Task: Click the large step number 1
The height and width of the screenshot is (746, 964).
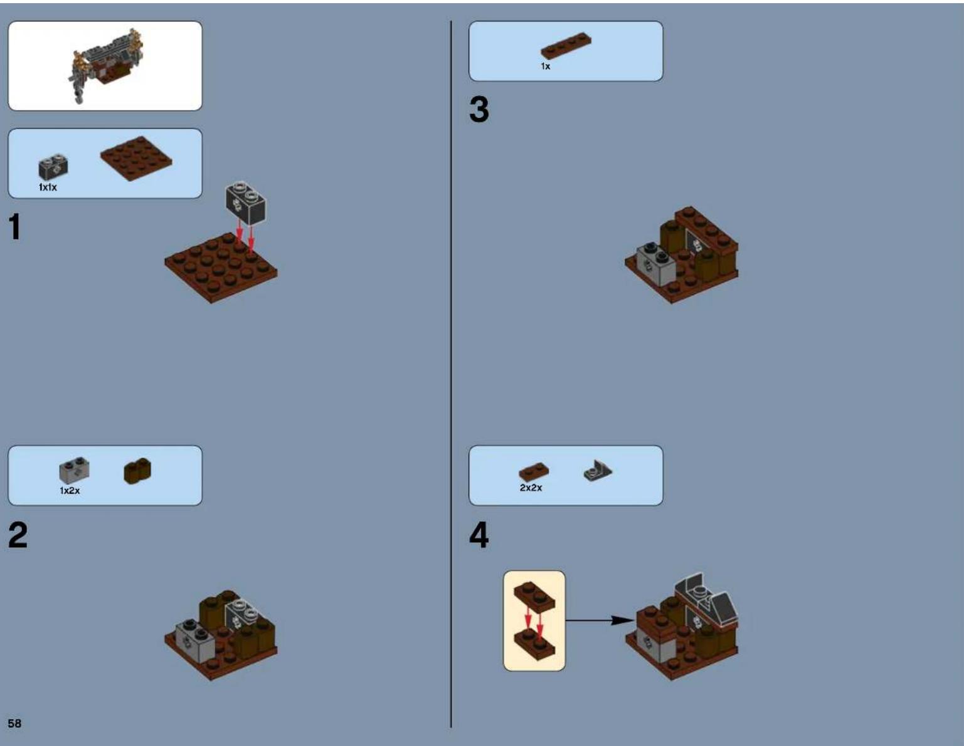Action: (15, 227)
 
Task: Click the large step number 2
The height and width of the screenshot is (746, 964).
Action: (18, 535)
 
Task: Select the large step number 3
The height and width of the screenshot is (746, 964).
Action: (479, 110)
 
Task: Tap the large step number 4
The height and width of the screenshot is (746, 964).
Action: (479, 535)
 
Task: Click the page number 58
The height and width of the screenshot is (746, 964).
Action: (14, 723)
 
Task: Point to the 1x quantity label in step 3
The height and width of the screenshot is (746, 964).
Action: (545, 66)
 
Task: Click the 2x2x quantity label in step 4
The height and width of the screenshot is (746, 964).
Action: (531, 488)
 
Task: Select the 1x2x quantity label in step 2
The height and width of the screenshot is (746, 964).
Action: (70, 490)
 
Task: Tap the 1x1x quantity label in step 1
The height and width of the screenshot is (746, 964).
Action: (48, 187)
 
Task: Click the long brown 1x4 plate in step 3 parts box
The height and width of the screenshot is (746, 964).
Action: (566, 46)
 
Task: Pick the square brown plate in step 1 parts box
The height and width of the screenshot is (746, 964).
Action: (136, 158)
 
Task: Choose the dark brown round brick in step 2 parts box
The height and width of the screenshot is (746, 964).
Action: (137, 471)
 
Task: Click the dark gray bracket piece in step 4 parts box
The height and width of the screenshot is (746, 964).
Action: (598, 470)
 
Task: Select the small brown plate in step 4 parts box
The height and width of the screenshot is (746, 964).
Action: (533, 472)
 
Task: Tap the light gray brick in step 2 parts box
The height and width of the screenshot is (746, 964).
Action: (74, 471)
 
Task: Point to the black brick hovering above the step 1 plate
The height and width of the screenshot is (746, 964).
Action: (245, 202)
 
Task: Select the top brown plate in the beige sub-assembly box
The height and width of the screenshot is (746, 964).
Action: (534, 596)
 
